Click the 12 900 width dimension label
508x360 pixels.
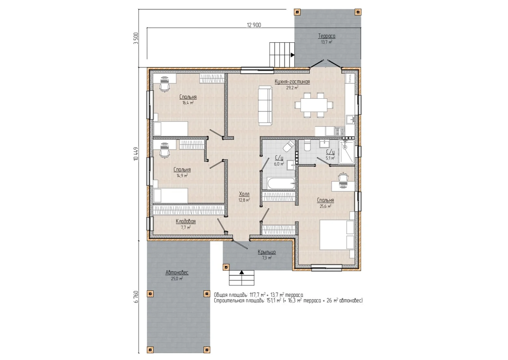coord(254,25)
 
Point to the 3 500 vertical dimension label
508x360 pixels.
coord(136,39)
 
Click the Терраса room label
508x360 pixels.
coord(326,36)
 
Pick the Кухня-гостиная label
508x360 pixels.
coord(292,81)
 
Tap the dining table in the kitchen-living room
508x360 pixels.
coord(314,105)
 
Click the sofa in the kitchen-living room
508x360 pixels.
coord(265,105)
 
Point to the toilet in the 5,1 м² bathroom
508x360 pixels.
coord(307,146)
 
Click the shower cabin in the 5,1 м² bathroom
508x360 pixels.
coord(346,152)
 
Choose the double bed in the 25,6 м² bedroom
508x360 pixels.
coord(337,235)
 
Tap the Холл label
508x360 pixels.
coord(244,194)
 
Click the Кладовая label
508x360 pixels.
coord(186,222)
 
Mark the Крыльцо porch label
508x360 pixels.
coord(267,252)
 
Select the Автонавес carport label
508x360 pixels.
coord(177,273)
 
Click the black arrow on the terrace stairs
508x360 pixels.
coord(293,55)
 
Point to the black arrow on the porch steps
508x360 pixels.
coord(242,272)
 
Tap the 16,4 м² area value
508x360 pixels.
coord(188,103)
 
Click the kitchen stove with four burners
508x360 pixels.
coord(340,132)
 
